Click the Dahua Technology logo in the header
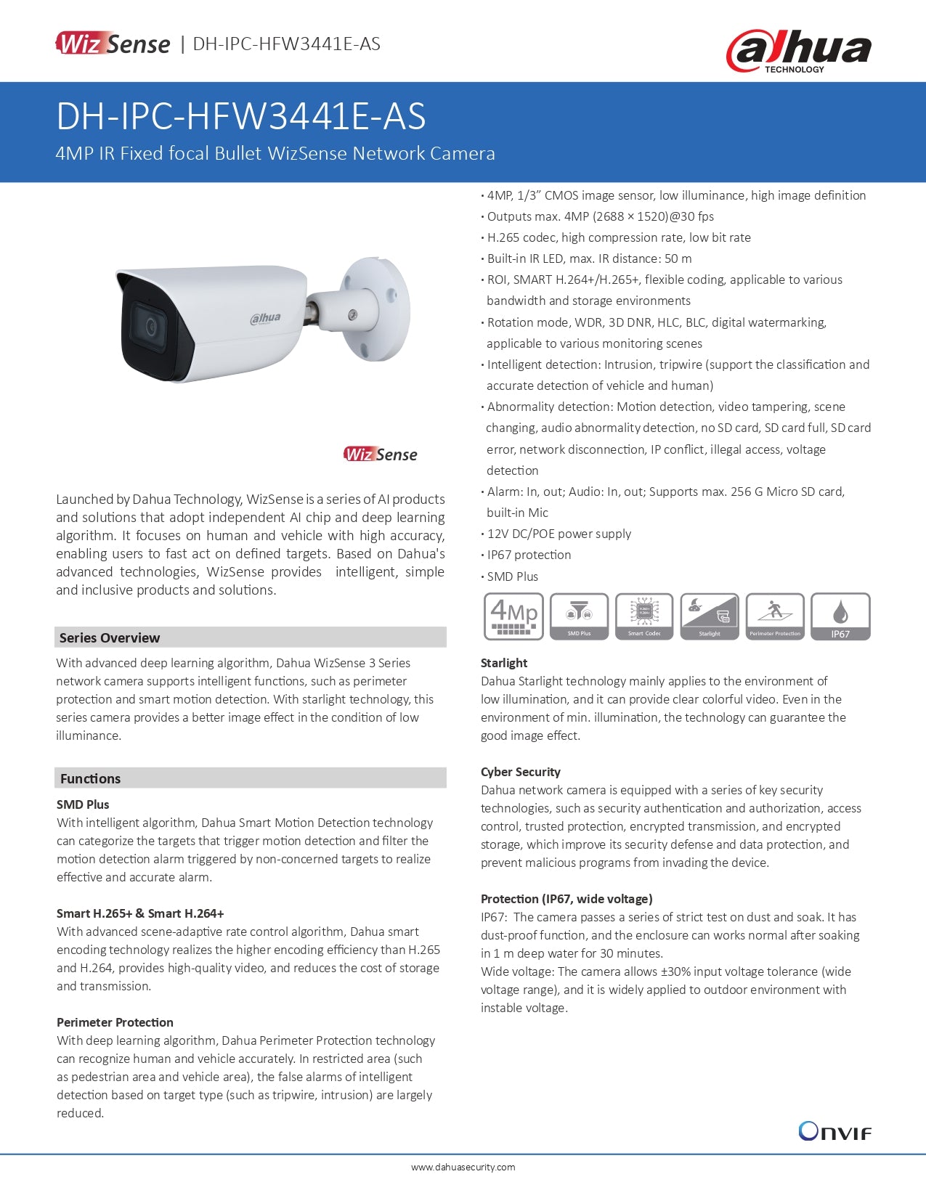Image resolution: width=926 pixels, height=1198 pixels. [798, 52]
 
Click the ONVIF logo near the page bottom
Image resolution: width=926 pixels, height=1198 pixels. [834, 1131]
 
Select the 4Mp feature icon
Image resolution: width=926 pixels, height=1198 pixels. [513, 616]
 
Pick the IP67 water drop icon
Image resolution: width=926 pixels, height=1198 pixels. [840, 616]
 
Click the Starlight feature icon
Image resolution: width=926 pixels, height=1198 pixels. [710, 616]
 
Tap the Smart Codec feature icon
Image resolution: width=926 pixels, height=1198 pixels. [644, 616]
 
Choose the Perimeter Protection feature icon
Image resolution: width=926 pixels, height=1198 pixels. [775, 616]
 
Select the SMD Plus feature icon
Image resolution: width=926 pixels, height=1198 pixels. [579, 616]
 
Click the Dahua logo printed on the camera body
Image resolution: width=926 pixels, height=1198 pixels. [265, 318]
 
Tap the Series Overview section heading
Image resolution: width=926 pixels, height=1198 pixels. [110, 637]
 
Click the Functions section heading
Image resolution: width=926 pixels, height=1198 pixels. [91, 778]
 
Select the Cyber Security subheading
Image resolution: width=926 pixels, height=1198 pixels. [521, 772]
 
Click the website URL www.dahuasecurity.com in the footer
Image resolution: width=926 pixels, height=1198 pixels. [463, 1168]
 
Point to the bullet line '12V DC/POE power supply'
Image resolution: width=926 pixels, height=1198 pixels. [559, 534]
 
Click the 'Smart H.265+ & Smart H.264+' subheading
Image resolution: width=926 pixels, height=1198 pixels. [140, 913]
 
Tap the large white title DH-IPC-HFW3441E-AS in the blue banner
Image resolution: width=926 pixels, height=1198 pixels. [241, 116]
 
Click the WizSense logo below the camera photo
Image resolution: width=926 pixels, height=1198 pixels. [381, 455]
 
